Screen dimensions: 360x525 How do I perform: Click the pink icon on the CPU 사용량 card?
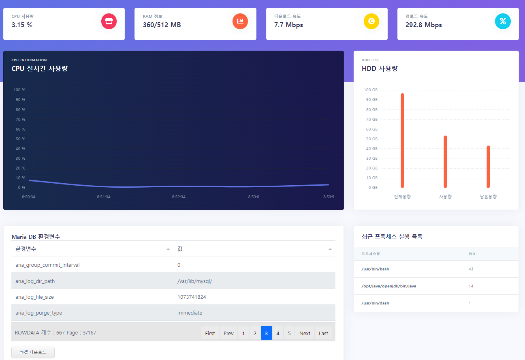point(109,21)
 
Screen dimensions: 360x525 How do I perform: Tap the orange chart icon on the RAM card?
point(240,21)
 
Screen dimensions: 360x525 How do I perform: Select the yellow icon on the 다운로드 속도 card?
point(371,21)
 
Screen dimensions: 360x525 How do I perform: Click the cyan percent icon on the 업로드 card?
point(503,21)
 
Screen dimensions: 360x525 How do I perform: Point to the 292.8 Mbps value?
point(423,25)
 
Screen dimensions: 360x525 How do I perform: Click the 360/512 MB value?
point(162,25)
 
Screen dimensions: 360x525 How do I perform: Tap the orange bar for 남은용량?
point(488,167)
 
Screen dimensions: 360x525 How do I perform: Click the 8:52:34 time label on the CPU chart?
point(179,197)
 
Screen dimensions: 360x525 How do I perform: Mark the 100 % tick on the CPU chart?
point(19,90)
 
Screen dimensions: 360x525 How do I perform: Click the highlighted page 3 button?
point(266,333)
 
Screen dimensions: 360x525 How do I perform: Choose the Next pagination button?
point(305,333)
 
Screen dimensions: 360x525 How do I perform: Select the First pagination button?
point(210,333)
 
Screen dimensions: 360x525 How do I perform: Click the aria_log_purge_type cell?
point(39,313)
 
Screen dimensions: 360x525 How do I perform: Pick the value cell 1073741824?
point(192,297)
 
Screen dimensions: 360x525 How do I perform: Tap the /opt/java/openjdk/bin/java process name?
point(389,286)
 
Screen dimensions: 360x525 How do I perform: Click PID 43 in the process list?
point(471,269)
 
